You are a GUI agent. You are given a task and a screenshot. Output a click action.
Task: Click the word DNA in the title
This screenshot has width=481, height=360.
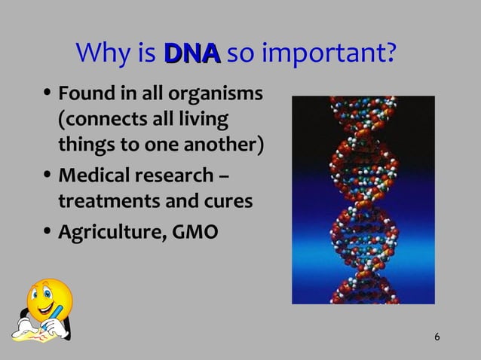[191, 53]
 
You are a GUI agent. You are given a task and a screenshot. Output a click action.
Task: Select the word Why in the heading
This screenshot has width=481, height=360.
[102, 54]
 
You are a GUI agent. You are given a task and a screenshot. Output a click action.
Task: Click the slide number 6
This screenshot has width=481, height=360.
[438, 335]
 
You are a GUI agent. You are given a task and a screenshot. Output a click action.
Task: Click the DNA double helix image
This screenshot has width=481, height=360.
[363, 200]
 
